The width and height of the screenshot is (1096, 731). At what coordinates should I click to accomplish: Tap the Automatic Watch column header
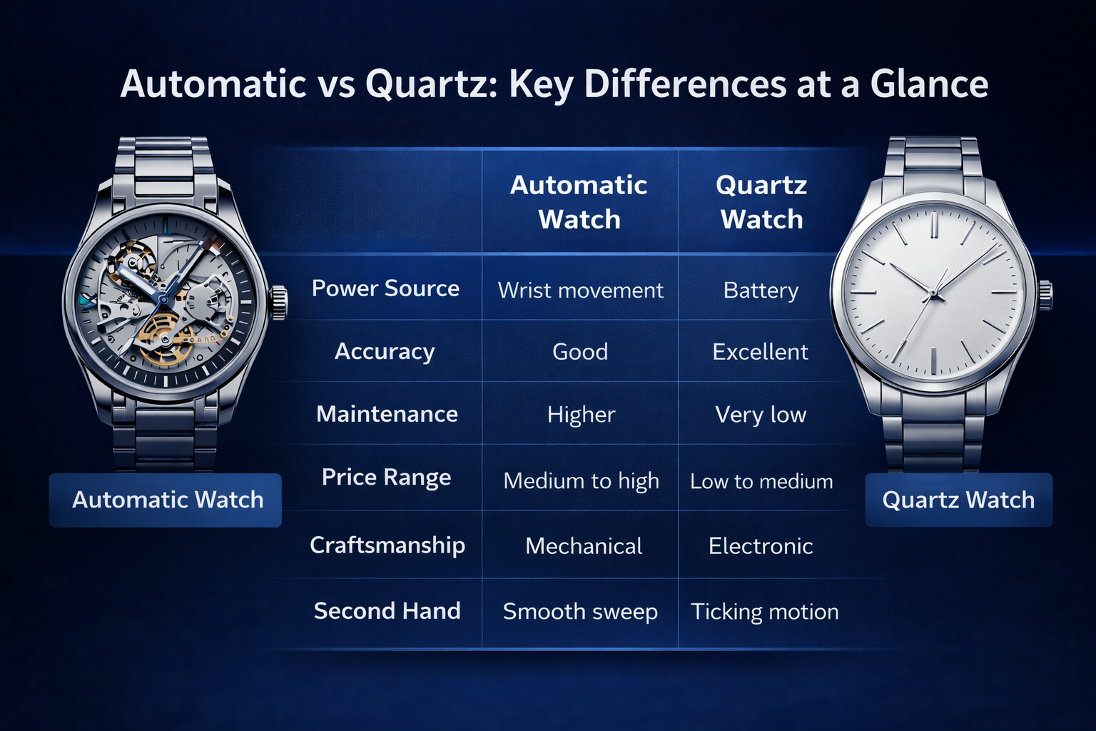pos(579,202)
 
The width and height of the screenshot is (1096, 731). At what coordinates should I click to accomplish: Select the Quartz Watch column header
pos(761,202)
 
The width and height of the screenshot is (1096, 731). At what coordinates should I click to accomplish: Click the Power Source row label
pos(385,288)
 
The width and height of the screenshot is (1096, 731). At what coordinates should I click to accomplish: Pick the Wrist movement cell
pos(580,291)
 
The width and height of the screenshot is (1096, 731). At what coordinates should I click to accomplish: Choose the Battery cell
pos(761,291)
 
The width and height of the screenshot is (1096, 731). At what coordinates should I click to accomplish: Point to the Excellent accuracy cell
pos(761,351)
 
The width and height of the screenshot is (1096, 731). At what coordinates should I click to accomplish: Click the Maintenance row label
pos(387,414)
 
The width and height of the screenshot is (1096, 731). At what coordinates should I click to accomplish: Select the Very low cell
pos(761,415)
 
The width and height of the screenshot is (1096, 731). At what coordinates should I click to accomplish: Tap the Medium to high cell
pos(582,481)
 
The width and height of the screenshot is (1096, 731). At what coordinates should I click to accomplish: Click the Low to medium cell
pos(761,481)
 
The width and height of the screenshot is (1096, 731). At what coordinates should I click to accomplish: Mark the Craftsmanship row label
pos(387,545)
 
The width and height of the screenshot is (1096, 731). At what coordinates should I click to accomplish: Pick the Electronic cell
pos(761,546)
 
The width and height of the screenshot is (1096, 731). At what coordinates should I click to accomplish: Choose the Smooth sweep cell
pos(580,612)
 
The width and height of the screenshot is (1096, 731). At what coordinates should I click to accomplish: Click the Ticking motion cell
pos(765,612)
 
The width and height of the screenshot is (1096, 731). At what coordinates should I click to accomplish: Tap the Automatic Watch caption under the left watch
pos(168,500)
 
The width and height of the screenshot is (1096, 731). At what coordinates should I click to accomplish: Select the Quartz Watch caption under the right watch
pos(958,500)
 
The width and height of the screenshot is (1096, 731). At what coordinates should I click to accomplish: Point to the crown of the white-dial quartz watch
pos(1045,295)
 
